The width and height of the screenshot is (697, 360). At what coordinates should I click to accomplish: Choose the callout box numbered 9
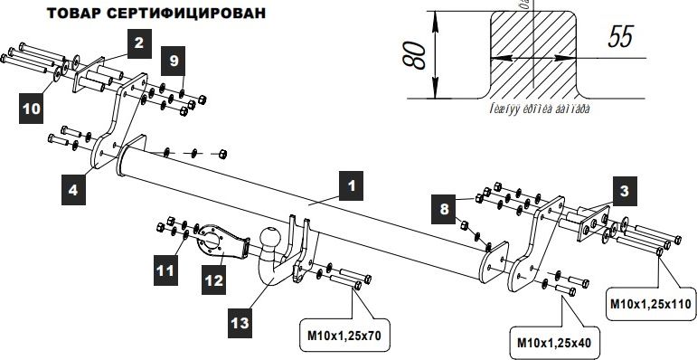tap(175, 62)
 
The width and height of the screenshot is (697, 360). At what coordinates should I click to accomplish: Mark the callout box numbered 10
tap(32, 108)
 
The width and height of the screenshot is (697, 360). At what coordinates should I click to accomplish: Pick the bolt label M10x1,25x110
tap(652, 304)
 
